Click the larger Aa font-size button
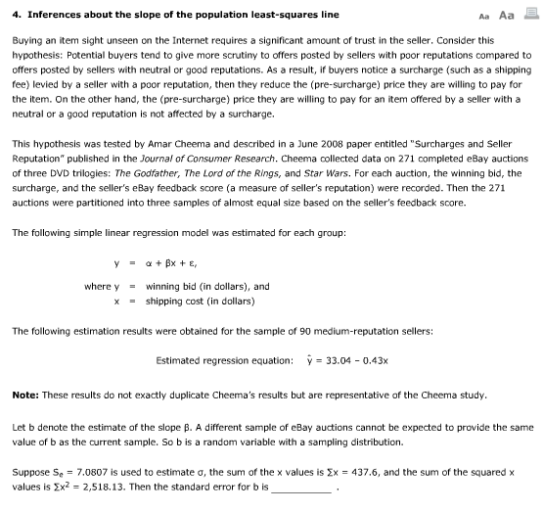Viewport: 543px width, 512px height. click(x=506, y=15)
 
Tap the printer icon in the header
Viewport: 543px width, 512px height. click(x=528, y=15)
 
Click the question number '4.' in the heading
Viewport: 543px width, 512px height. click(x=16, y=16)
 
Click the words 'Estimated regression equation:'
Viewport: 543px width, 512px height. click(x=224, y=359)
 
